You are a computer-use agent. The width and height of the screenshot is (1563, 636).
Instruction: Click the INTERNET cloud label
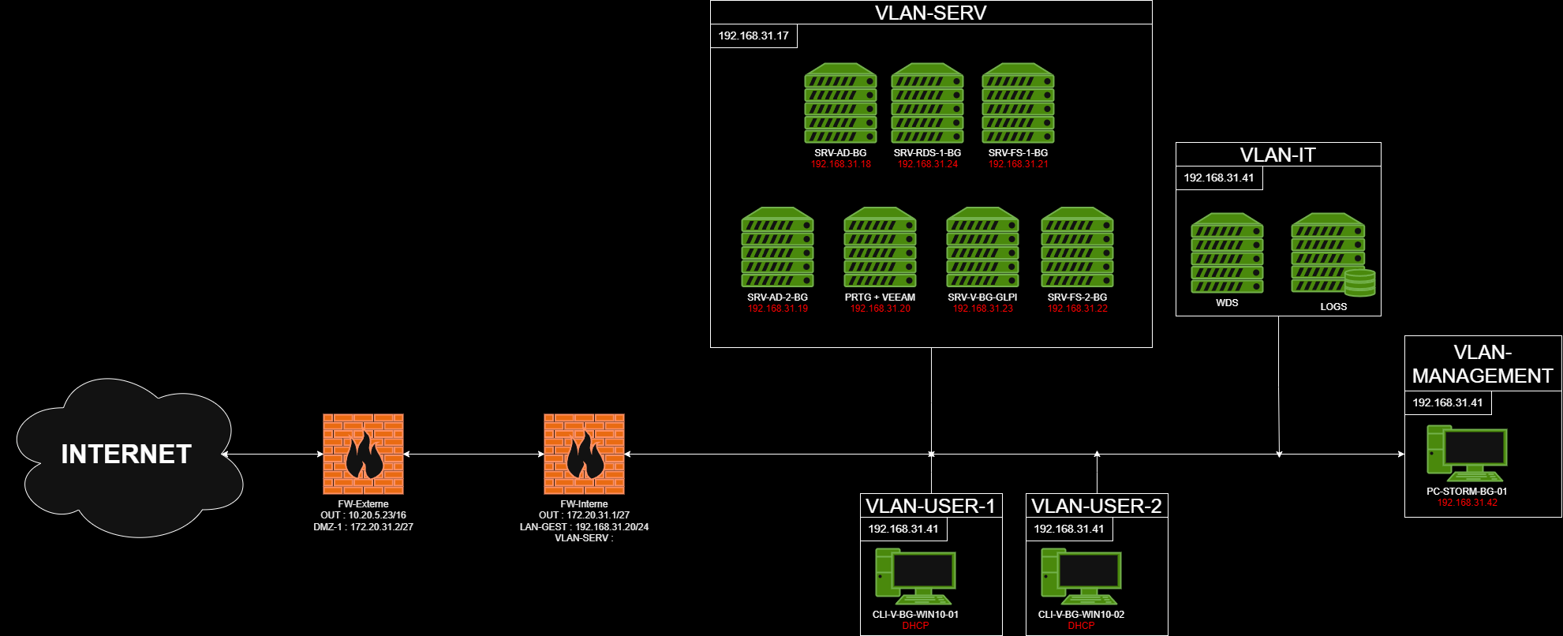tap(126, 454)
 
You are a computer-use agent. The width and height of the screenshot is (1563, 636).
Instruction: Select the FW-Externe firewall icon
tap(363, 454)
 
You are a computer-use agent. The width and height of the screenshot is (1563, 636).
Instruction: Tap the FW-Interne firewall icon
tap(584, 454)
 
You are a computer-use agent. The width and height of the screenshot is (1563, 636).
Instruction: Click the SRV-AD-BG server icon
tap(840, 103)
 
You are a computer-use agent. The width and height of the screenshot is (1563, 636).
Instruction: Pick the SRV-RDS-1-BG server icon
tap(927, 103)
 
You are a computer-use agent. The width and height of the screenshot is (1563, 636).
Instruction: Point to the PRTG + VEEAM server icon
tap(880, 247)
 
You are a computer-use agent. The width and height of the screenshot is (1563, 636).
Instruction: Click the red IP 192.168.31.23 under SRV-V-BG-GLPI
tap(982, 309)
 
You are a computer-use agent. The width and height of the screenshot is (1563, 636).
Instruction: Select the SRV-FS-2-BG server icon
tap(1077, 247)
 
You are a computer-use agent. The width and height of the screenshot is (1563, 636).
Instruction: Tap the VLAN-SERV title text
tap(931, 13)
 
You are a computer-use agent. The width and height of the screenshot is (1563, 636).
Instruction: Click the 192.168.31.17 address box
tap(753, 36)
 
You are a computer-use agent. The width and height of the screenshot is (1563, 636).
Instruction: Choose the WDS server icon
tap(1227, 253)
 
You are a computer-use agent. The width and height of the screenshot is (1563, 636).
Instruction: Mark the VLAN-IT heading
tap(1278, 155)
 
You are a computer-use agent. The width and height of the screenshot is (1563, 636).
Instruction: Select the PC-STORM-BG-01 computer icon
tap(1467, 454)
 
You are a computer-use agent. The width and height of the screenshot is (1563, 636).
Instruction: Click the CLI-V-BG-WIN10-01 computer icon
tap(915, 577)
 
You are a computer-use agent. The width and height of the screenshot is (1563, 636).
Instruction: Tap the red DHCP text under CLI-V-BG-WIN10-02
tap(1081, 626)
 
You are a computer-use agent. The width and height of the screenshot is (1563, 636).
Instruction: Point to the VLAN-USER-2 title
tap(1097, 506)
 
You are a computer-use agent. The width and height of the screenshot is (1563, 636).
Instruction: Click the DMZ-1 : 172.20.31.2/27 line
tap(363, 526)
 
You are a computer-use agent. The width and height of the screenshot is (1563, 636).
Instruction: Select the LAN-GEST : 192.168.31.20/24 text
tap(584, 526)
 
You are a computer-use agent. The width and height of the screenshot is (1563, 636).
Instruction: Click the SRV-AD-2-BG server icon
tap(777, 247)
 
